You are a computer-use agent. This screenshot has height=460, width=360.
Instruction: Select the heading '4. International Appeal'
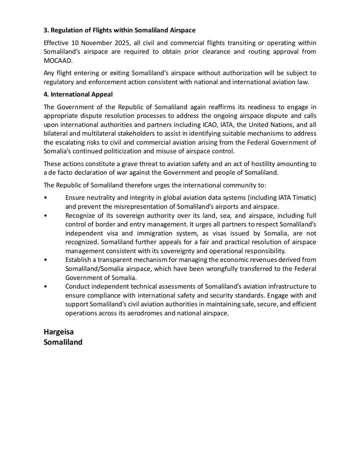click(79, 94)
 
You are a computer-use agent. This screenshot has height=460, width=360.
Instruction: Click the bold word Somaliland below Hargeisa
click(63, 342)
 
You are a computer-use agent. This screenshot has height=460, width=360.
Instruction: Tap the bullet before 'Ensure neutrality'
click(46, 197)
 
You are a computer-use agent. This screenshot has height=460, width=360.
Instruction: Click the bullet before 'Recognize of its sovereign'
click(46, 215)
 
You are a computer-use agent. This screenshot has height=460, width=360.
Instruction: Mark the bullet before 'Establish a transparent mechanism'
click(46, 260)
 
